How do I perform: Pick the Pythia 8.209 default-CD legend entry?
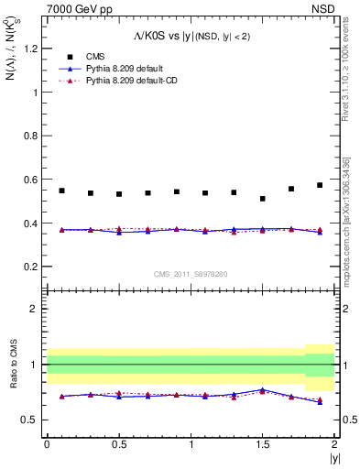point(133,81)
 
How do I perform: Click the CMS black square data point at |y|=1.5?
point(263,199)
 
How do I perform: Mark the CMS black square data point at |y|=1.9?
point(320,185)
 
